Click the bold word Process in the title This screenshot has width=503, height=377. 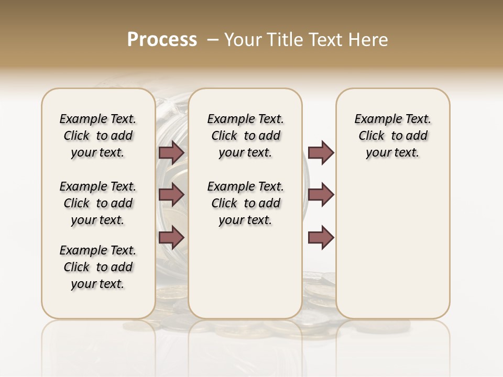pos(162,40)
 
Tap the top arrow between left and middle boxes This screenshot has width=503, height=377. pos(171,152)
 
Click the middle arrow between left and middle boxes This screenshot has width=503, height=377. pos(171,195)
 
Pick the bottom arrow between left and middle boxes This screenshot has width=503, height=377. pos(171,238)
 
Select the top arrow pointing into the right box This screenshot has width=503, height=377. pos(321,152)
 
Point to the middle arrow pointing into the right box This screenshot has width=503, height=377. pos(321,195)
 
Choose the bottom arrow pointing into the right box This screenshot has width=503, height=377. pos(321,238)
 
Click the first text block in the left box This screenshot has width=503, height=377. pos(98,136)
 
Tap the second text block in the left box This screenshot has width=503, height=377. pos(98,203)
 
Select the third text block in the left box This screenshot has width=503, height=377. pos(98,267)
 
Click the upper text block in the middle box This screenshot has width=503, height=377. pos(245,136)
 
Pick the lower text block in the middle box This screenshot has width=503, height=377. pos(245,203)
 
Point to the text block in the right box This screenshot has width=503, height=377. pos(392,136)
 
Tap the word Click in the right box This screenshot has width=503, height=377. pos(371,136)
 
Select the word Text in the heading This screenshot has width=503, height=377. pos(320,40)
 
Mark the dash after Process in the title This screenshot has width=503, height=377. pos(212,40)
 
